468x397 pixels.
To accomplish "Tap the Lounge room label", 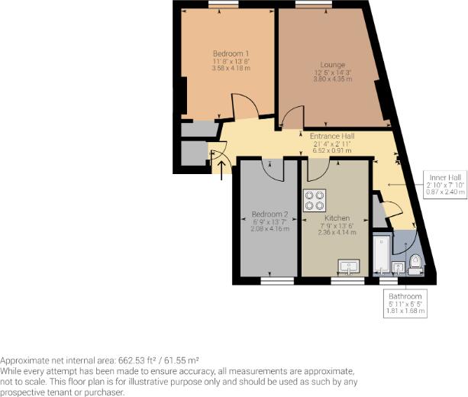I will [333, 65].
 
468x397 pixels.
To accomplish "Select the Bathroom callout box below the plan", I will [405, 303].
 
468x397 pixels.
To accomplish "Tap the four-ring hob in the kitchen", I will [314, 200].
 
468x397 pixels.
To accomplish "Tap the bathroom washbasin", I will [398, 266].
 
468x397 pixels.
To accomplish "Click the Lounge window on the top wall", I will [308, 5].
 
